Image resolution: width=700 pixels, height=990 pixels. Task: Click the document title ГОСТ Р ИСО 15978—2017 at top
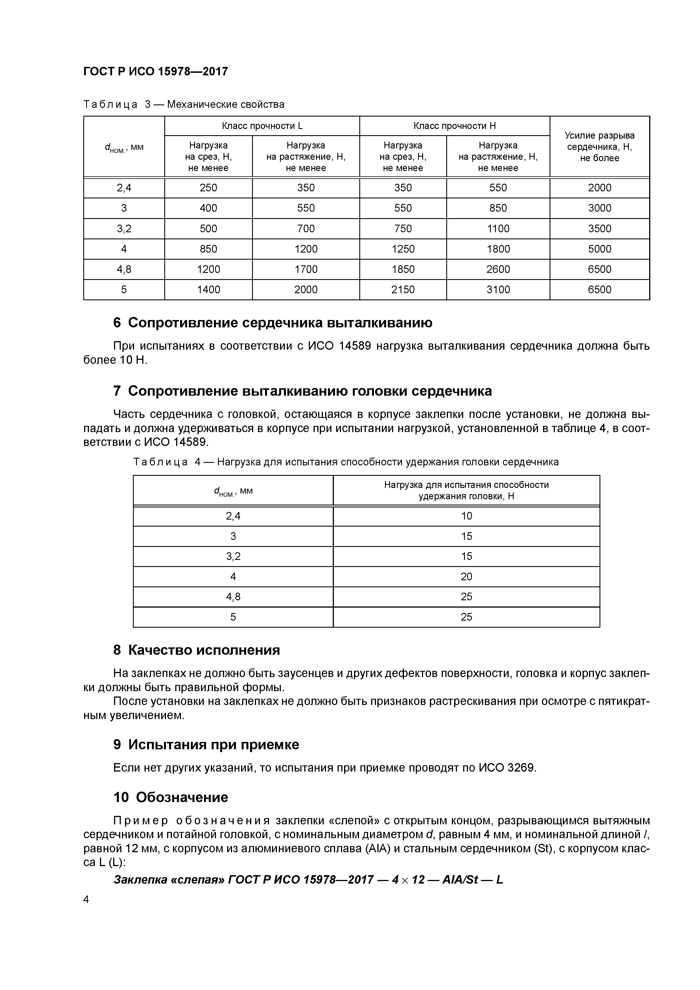tap(155, 71)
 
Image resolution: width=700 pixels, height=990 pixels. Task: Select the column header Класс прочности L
tap(262, 126)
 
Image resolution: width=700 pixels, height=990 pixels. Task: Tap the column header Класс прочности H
tap(455, 126)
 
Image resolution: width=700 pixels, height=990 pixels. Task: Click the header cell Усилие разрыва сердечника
tap(600, 146)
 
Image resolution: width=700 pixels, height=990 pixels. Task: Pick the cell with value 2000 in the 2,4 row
tap(600, 188)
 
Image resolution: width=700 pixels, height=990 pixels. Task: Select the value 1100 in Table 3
tap(498, 229)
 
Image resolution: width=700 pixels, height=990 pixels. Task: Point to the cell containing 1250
tap(403, 249)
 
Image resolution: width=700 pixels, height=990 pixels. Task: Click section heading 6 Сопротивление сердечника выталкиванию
tap(273, 323)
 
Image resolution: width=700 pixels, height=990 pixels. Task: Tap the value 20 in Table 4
tap(466, 577)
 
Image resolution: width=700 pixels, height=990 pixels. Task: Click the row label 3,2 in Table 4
tap(233, 556)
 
